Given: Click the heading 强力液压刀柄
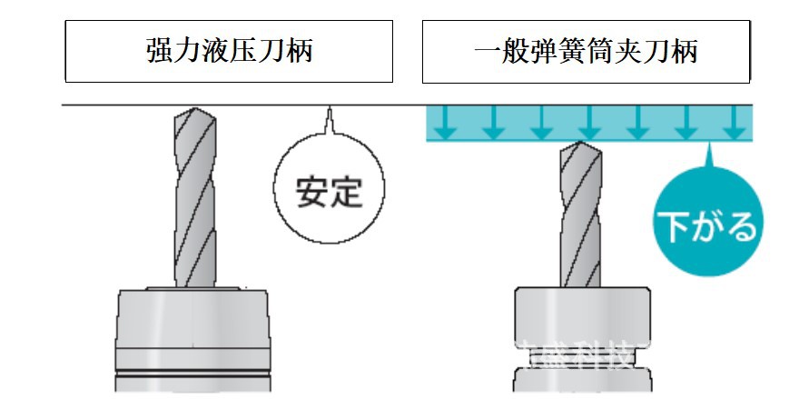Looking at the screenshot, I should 229,51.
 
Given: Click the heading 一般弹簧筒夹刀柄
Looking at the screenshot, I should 586,51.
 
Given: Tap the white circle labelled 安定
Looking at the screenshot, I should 330,192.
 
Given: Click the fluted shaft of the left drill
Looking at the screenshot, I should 195,200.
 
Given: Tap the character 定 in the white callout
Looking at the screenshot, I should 347,193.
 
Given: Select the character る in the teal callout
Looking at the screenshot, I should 741,226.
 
